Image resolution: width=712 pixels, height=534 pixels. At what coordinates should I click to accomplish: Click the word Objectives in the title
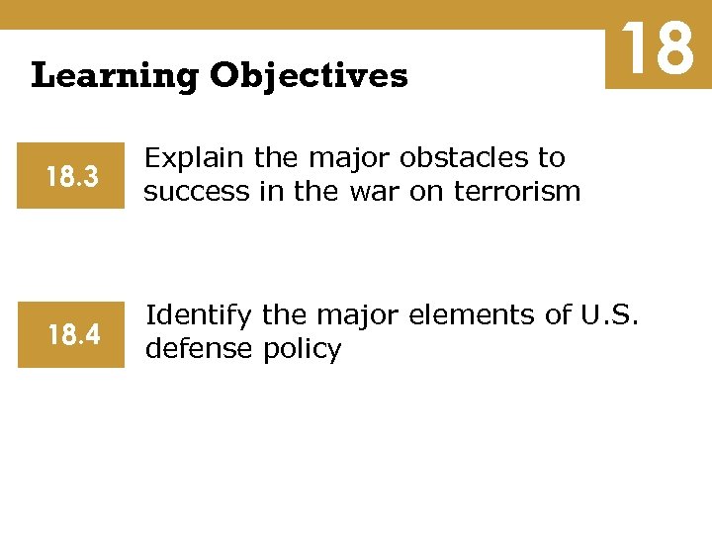point(308,75)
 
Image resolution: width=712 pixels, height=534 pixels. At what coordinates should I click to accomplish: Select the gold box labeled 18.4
point(71,336)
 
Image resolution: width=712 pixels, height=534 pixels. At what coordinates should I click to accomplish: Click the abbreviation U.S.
point(610,316)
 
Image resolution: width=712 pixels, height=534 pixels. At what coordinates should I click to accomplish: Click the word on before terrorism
point(426,191)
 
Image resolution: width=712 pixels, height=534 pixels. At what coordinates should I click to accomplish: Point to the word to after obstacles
point(551,158)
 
